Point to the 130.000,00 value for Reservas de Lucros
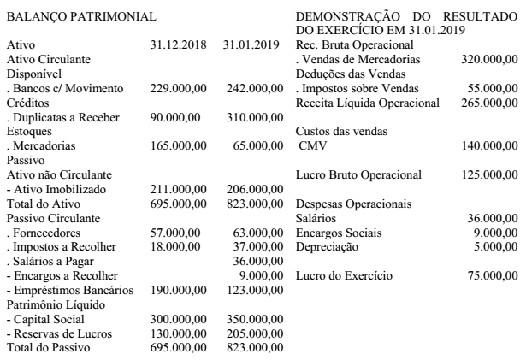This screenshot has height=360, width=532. (177, 332)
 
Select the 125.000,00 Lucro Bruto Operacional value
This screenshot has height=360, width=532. (488, 175)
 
